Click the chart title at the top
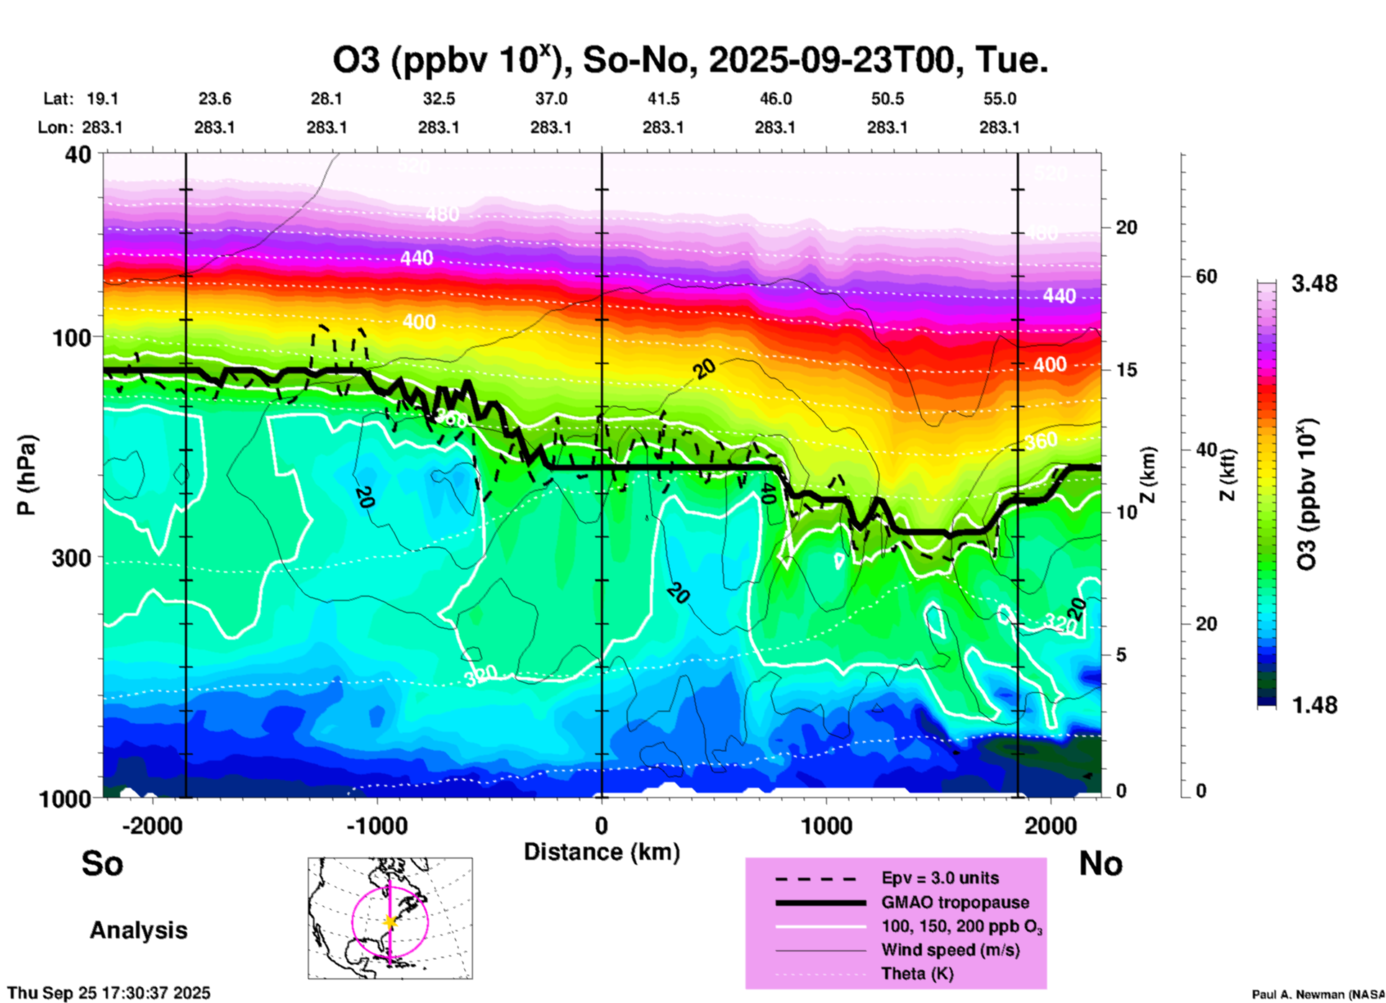(689, 60)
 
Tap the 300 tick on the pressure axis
(72, 558)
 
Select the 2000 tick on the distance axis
(1051, 826)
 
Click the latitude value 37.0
(551, 99)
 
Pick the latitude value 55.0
(1000, 99)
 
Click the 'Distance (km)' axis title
(602, 852)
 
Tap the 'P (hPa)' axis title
(26, 475)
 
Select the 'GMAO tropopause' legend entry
(955, 902)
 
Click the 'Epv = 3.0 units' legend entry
(940, 879)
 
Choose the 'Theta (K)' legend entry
(917, 974)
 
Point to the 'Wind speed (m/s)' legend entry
(950, 950)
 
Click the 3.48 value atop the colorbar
(1314, 284)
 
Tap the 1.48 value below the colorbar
(1314, 705)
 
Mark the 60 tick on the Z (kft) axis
(1206, 277)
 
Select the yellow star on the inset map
(390, 922)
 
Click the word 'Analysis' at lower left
(138, 930)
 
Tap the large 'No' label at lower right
(1100, 864)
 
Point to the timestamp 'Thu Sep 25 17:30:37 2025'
(109, 993)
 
